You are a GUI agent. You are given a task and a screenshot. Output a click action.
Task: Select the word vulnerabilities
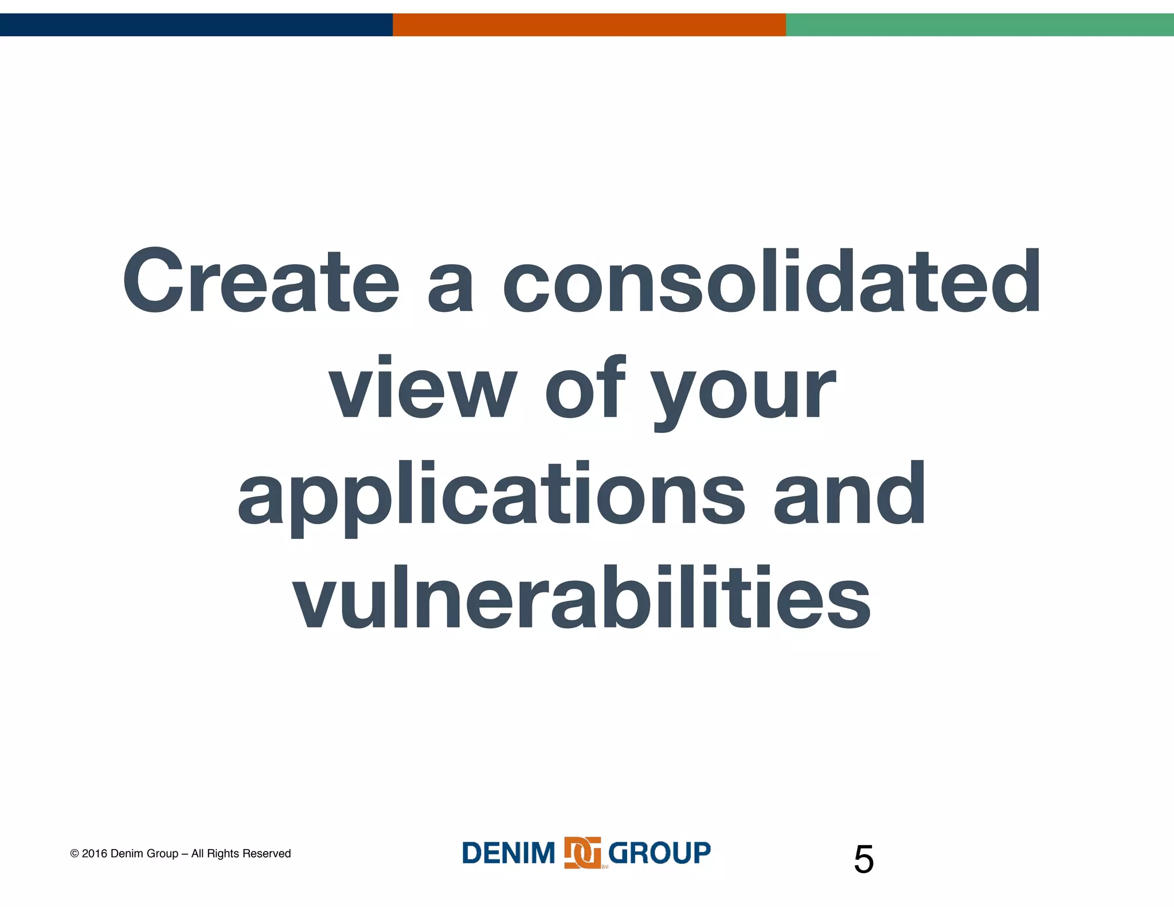click(x=581, y=597)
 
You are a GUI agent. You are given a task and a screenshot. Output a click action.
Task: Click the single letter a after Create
click(x=451, y=287)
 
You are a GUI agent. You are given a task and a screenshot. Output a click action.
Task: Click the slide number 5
click(x=863, y=859)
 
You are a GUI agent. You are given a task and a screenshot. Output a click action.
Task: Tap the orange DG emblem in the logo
click(x=582, y=853)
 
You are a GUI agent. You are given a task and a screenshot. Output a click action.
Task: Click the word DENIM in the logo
click(x=508, y=853)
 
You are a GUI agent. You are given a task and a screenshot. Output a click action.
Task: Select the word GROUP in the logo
click(x=659, y=853)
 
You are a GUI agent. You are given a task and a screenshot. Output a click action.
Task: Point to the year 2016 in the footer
click(x=94, y=854)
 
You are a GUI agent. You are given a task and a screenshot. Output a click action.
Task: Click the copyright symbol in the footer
click(x=75, y=854)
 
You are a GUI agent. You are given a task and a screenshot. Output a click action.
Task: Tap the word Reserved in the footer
click(x=267, y=854)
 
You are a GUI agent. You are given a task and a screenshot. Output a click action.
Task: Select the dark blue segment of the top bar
click(x=196, y=25)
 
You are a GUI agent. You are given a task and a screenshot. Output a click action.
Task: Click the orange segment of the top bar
click(x=589, y=25)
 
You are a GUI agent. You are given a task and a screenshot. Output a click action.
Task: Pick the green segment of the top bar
click(x=980, y=25)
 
